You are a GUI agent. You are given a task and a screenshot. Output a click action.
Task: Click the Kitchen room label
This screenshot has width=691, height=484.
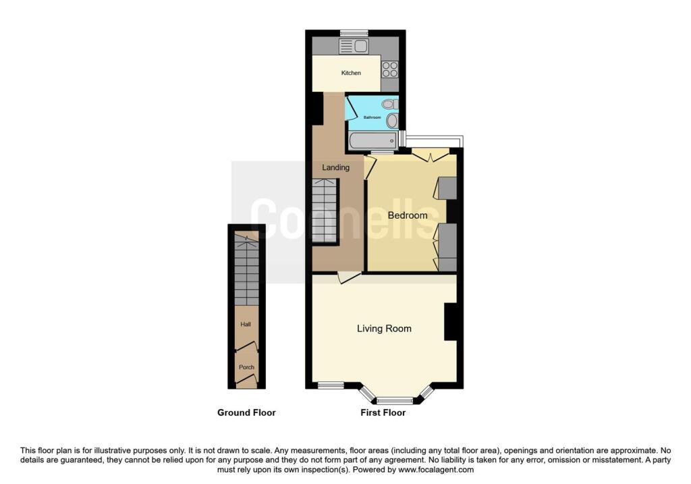(x=351, y=73)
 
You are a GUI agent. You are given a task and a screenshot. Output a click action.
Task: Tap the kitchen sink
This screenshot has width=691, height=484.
(x=354, y=46)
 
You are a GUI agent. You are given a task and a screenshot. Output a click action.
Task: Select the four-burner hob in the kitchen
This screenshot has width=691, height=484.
(x=389, y=70)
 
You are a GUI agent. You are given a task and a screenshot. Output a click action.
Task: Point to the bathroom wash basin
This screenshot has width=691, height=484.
(x=392, y=120)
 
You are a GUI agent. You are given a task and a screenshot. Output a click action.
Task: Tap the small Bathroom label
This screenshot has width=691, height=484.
(x=372, y=117)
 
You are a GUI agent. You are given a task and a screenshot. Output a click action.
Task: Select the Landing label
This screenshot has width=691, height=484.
(x=336, y=167)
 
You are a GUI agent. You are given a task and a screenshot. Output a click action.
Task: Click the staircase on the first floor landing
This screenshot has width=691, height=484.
(x=325, y=211)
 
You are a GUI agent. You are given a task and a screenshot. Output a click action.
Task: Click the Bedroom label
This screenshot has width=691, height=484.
(x=408, y=215)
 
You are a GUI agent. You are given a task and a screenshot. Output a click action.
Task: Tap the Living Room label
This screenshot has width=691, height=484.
(x=384, y=328)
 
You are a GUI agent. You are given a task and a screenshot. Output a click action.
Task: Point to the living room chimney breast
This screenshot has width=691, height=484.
(x=451, y=322)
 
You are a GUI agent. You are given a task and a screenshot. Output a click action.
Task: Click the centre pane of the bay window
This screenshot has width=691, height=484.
(x=395, y=401)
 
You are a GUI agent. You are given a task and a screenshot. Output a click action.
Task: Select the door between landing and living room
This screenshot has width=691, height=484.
(x=350, y=277)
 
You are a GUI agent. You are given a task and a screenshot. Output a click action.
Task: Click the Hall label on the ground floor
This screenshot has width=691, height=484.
(x=246, y=324)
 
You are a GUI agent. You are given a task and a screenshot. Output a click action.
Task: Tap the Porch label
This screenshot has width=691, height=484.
(x=246, y=367)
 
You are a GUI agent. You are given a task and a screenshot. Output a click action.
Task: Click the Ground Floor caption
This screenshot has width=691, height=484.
(x=246, y=412)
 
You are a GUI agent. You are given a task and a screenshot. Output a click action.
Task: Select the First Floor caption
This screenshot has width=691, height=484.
(x=383, y=412)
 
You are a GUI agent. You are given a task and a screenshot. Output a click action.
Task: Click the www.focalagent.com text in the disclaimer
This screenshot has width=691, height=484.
(x=436, y=469)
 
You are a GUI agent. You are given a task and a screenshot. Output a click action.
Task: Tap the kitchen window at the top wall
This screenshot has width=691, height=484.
(x=354, y=33)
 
